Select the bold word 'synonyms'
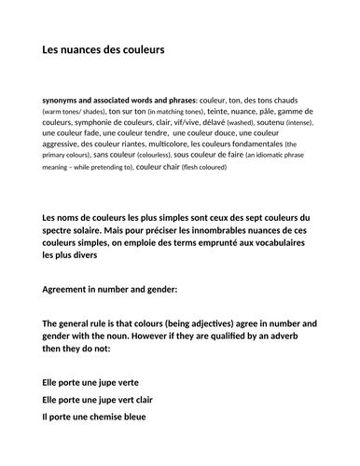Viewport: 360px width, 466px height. [65, 98]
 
